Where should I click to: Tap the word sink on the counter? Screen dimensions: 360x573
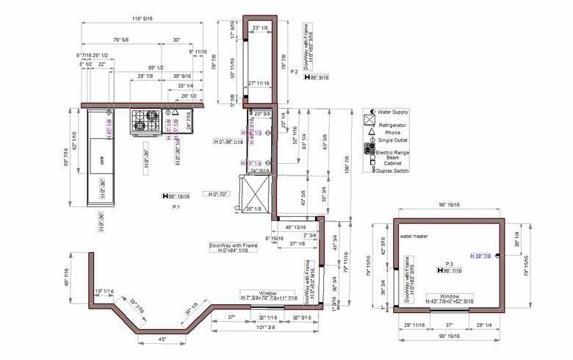[101, 159]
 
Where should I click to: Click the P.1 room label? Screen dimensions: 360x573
[176, 208]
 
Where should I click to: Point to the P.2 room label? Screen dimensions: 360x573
[294, 71]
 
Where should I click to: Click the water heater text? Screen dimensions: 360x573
[414, 237]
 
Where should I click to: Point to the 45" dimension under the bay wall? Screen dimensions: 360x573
[162, 339]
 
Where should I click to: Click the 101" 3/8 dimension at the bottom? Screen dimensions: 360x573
[267, 327]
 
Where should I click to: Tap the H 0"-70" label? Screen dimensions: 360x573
[218, 194]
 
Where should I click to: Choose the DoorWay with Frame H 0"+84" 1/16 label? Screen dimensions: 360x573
[234, 248]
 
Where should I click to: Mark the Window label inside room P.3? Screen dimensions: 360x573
[450, 296]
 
